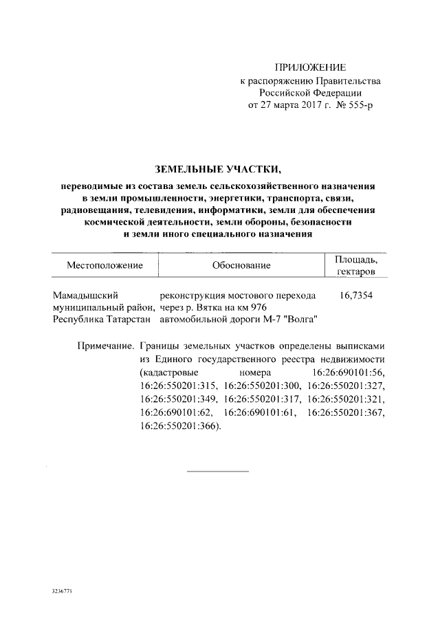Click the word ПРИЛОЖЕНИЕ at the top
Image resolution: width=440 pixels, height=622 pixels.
311,67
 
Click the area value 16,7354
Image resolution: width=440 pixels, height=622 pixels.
357,295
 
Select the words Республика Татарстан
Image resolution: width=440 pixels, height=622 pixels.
104,320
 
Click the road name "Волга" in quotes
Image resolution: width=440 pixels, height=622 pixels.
300,320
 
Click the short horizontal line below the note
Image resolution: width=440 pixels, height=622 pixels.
218,471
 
